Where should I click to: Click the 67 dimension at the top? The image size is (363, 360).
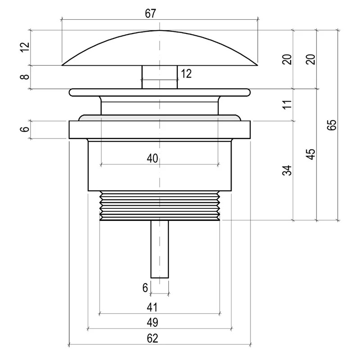point(150,13)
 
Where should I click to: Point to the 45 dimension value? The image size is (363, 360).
point(311,154)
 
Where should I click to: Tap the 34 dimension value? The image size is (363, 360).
point(287,171)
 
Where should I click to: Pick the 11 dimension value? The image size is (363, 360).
point(287,104)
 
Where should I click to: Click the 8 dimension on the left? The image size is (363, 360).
point(25,76)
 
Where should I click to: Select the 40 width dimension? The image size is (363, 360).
point(152,158)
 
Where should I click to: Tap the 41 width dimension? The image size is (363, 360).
point(152,307)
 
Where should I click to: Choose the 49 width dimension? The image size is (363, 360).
point(152,322)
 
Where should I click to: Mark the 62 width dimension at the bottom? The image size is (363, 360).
point(152,338)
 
